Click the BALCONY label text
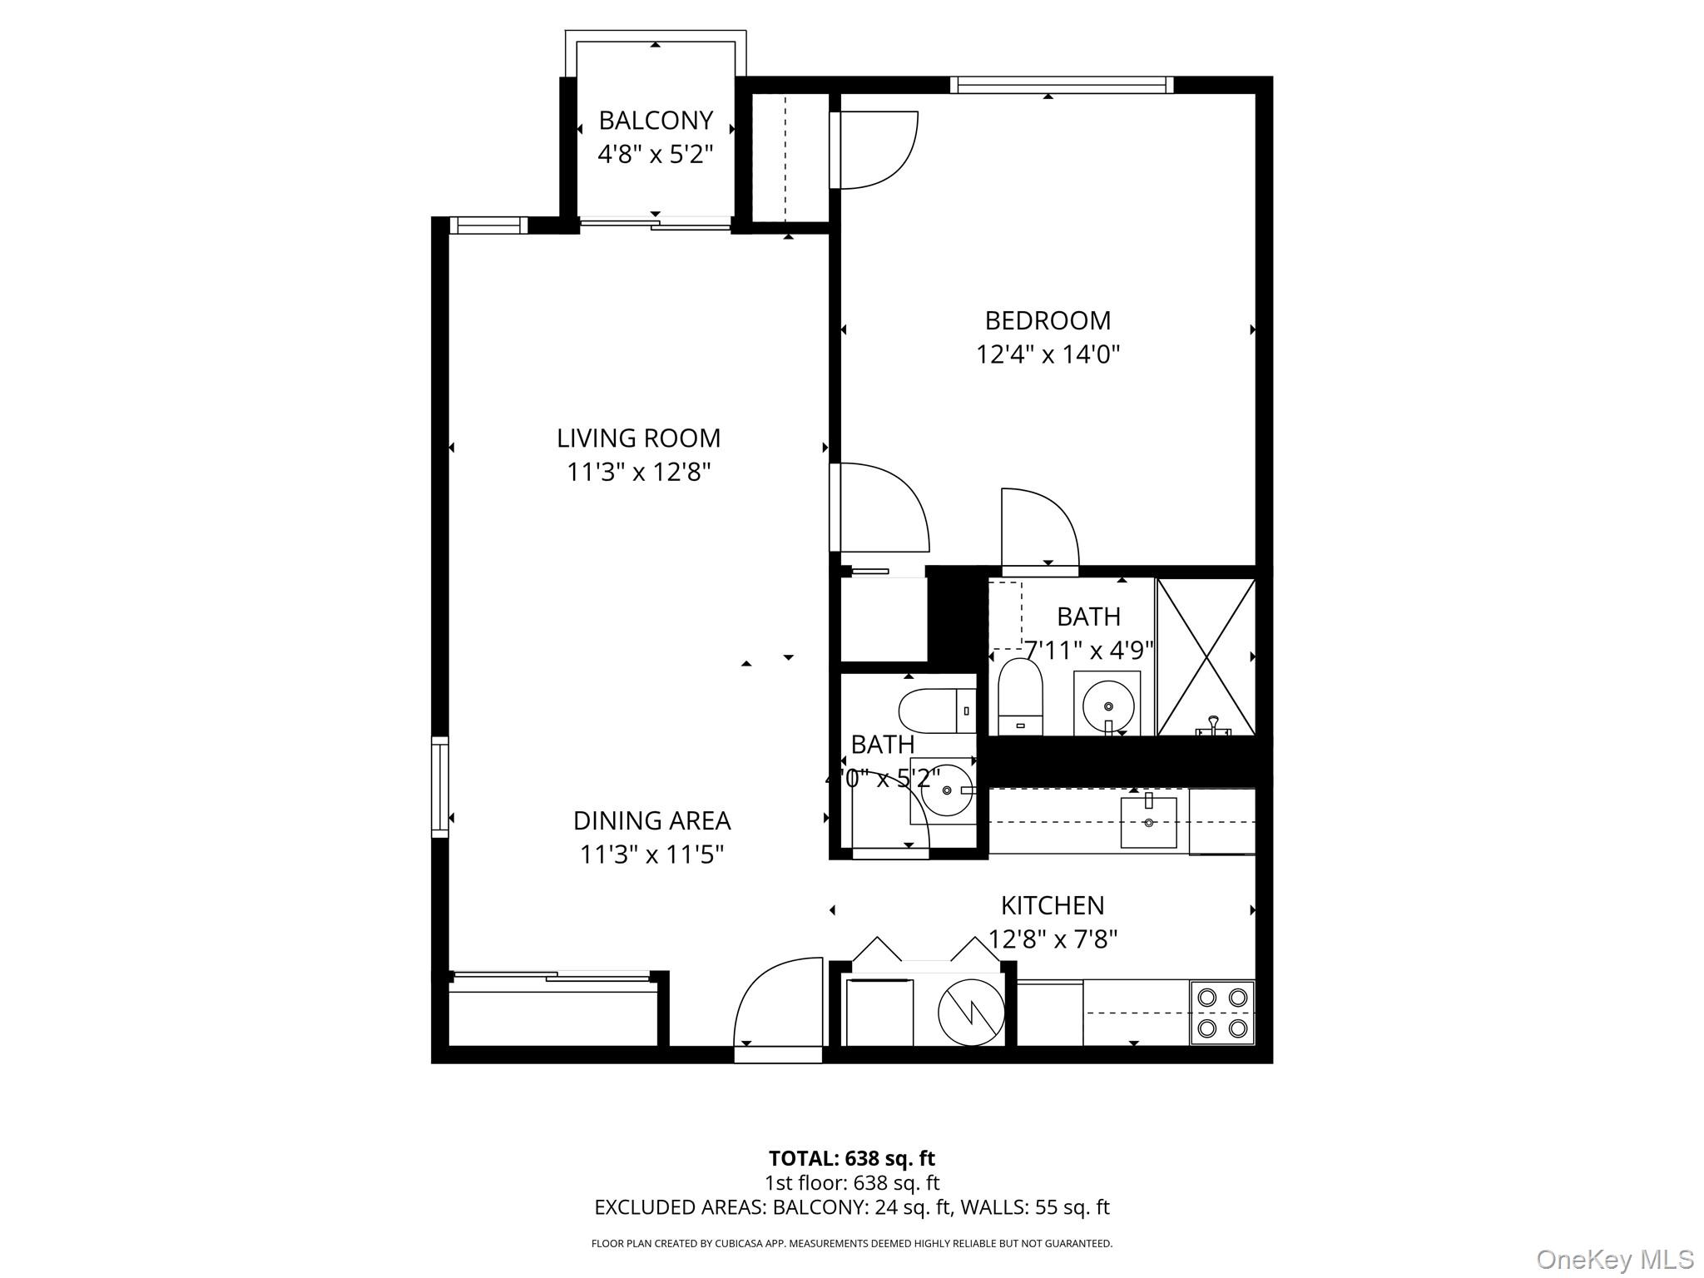pyautogui.click(x=656, y=121)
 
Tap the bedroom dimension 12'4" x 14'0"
pyautogui.click(x=1048, y=355)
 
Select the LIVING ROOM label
pyautogui.click(x=638, y=438)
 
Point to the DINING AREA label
pyautogui.click(x=651, y=820)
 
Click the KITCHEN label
pyautogui.click(x=1052, y=905)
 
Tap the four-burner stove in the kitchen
pyautogui.click(x=1221, y=1013)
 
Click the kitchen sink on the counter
pyautogui.click(x=1148, y=822)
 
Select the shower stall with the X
pyautogui.click(x=1206, y=657)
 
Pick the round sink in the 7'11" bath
pyautogui.click(x=1107, y=704)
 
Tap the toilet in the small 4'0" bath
pyautogui.click(x=936, y=711)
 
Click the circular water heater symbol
pyautogui.click(x=970, y=1013)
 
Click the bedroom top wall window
pyautogui.click(x=1061, y=85)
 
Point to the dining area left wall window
pyautogui.click(x=440, y=786)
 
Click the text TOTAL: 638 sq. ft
pyautogui.click(x=851, y=1158)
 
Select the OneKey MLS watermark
pyautogui.click(x=1614, y=1259)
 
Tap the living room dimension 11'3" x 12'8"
pyautogui.click(x=638, y=473)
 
